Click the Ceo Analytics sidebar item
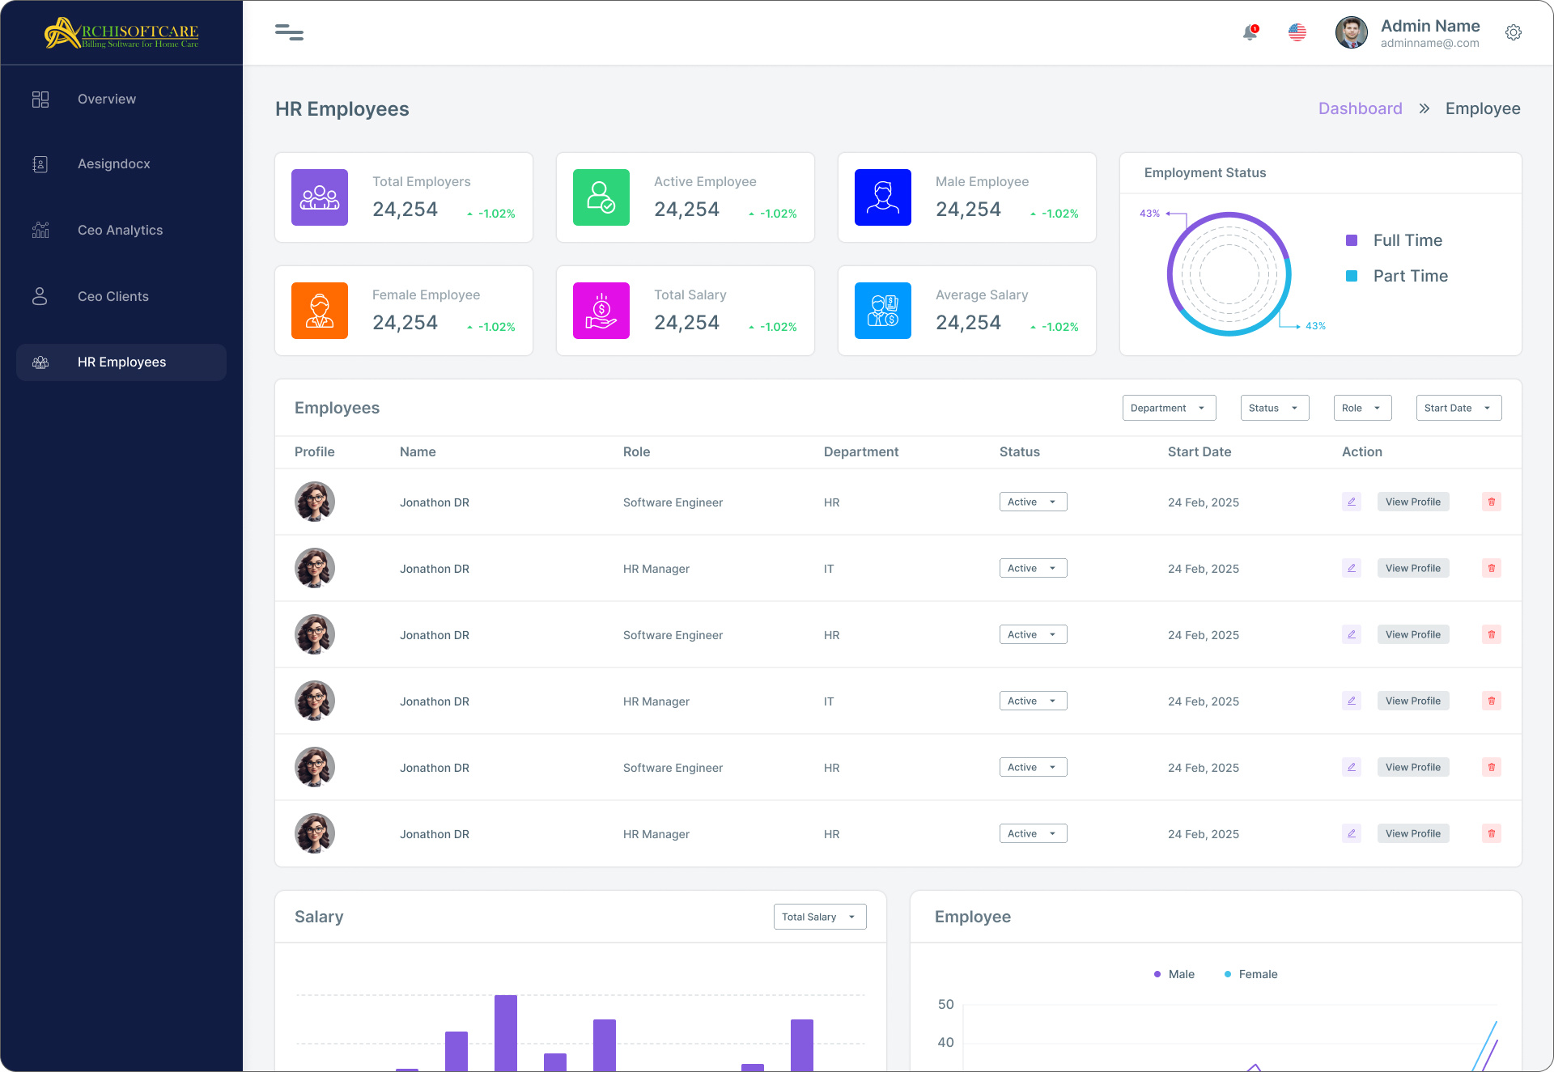[x=120, y=231]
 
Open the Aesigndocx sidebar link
[x=113, y=164]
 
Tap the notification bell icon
[x=1250, y=32]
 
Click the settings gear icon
[x=1513, y=32]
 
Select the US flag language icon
[x=1297, y=32]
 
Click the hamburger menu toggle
[x=289, y=32]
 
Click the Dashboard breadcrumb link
[x=1360, y=108]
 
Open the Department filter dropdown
[x=1169, y=408]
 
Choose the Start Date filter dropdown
[x=1458, y=408]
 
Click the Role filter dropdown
[x=1362, y=408]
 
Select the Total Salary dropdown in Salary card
[x=819, y=917]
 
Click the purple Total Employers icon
[x=320, y=197]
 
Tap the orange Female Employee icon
[x=320, y=311]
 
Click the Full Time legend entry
[x=1407, y=240]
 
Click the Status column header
[x=1019, y=452]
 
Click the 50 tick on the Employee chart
[x=945, y=1004]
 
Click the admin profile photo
[x=1351, y=32]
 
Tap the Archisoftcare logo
[x=121, y=33]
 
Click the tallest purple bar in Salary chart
[x=506, y=1032]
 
